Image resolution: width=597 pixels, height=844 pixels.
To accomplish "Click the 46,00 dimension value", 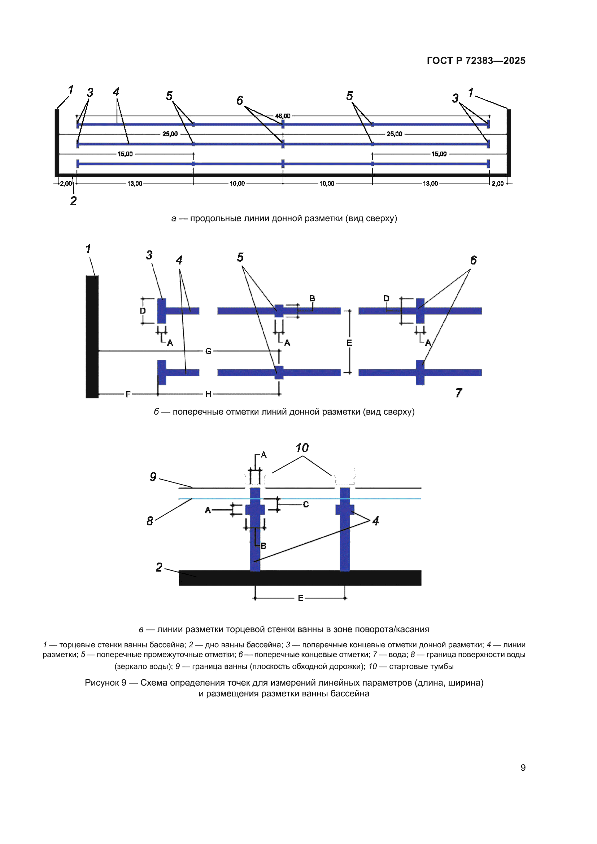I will pos(282,116).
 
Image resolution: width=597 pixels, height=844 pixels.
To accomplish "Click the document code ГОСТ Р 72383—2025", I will pos(476,61).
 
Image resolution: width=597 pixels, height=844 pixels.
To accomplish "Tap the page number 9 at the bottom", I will pos(523,768).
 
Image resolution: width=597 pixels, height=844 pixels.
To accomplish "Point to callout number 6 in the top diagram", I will pos(240,100).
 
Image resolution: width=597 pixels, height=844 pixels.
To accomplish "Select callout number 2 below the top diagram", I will pos(74,201).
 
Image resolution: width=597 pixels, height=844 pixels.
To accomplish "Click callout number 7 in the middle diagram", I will pos(458,393).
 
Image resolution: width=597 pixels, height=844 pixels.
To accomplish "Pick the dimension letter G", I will pos(208,351).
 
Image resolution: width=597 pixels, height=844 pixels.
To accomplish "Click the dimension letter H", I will pos(208,394).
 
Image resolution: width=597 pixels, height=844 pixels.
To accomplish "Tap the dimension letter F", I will pos(127,394).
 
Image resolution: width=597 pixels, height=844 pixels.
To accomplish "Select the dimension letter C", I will pos(306,504).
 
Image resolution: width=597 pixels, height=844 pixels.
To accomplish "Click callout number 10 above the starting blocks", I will pos(302,448).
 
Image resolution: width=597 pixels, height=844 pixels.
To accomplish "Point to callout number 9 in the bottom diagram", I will pos(153,477).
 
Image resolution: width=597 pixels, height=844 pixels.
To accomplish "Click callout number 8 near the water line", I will pos(150,521).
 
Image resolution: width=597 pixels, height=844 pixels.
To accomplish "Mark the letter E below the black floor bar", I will pos(301,598).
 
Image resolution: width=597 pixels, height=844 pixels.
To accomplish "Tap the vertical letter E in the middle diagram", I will pos(349,342).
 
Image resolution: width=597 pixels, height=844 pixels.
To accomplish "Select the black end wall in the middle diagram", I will pos(92,336).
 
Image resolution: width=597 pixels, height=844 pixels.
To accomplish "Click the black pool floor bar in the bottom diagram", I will pos(300,578).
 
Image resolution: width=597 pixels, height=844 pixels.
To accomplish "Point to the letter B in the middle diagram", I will pos(312,298).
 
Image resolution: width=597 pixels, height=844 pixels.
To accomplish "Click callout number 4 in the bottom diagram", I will pos(375,521).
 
